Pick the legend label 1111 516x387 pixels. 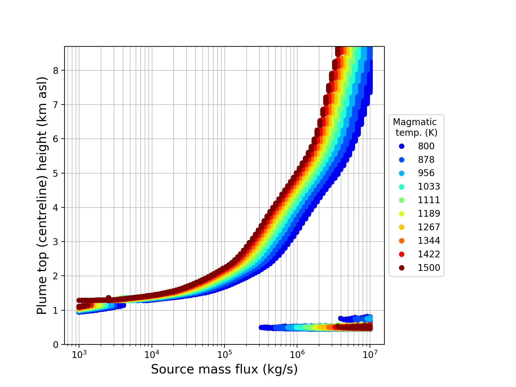(x=429, y=200)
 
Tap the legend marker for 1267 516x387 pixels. (x=402, y=227)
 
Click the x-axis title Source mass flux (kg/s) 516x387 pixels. (x=224, y=370)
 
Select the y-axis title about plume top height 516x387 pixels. (x=42, y=195)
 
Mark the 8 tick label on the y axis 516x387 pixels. (x=56, y=71)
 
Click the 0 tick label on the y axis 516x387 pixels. (x=56, y=345)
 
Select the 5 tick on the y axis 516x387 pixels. (x=56, y=174)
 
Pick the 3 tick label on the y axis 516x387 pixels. (x=56, y=242)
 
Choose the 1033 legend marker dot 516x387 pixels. (x=402, y=187)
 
